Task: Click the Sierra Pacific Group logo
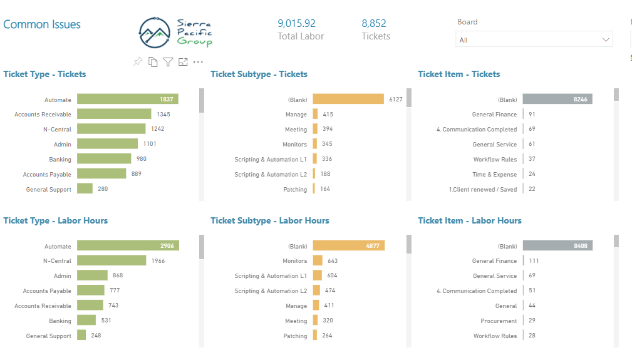coord(175,33)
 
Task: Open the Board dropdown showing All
coord(534,39)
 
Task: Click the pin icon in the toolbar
coord(138,61)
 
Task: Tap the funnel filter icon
coord(168,61)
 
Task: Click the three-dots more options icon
coord(198,62)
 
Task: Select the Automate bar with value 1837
coord(128,99)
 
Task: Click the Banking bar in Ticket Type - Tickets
coord(104,158)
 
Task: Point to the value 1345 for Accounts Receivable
coord(163,115)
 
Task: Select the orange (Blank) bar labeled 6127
coord(348,99)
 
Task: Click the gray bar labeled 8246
coord(557,99)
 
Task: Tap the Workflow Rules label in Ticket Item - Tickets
coord(495,160)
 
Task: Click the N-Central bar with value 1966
coord(111,260)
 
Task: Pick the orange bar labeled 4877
coord(349,245)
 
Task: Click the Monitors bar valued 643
coord(318,260)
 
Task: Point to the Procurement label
coord(499,321)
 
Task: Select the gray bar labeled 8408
coord(558,245)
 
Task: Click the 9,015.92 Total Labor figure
coord(297,24)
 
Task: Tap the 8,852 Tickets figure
coord(374,24)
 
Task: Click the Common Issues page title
coord(42,24)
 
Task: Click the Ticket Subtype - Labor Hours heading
coord(269,220)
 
